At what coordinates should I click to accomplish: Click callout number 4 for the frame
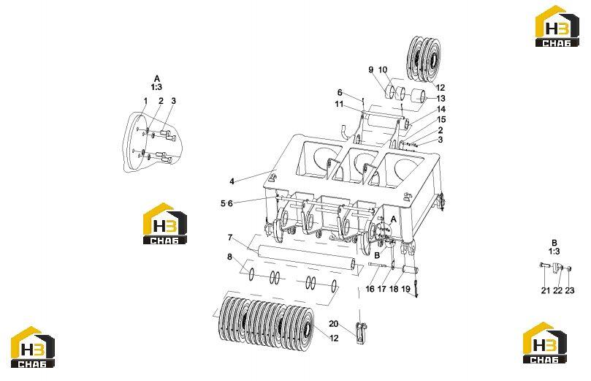[x=232, y=181]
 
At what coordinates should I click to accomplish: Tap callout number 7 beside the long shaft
[x=230, y=238]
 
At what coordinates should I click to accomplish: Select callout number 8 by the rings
[x=229, y=257]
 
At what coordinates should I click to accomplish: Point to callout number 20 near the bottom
[x=334, y=324]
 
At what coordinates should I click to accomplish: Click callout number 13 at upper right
[x=441, y=99]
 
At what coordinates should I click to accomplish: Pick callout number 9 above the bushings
[x=371, y=69]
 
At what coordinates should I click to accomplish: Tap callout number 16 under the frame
[x=370, y=289]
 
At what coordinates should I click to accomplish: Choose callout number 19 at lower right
[x=405, y=289]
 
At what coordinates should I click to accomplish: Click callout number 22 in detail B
[x=557, y=290]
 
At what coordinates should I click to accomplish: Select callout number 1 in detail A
[x=145, y=101]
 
